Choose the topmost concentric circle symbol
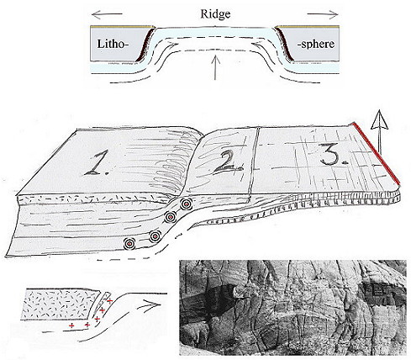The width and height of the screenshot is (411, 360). pos(185,204)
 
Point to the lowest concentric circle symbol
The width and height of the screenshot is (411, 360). pos(129,244)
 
